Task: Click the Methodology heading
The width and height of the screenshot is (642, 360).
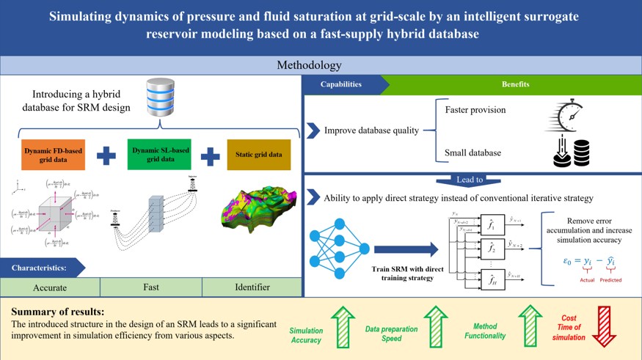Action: (x=309, y=65)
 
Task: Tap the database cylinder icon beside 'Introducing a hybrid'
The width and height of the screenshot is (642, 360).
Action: (x=161, y=96)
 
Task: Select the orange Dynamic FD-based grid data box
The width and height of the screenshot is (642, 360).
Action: (x=53, y=155)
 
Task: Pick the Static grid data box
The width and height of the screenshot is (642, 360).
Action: (x=258, y=155)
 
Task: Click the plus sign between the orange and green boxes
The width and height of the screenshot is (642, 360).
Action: (x=106, y=155)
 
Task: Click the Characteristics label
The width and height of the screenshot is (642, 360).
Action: (x=40, y=268)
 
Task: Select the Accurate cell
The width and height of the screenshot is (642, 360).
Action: (x=50, y=287)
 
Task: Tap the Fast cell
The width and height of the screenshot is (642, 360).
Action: (x=150, y=287)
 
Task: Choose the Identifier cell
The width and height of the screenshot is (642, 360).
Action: (x=251, y=287)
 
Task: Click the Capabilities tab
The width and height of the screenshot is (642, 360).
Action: (x=341, y=84)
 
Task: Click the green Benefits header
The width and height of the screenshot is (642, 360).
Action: (x=515, y=84)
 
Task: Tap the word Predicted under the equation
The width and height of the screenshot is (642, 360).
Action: (x=610, y=280)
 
